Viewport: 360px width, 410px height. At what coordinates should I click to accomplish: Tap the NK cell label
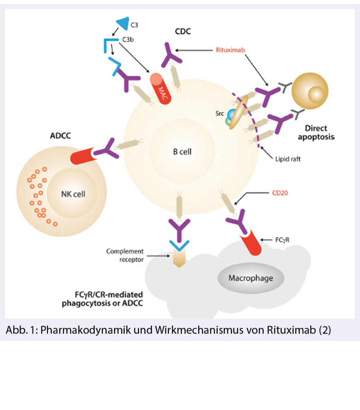click(73, 195)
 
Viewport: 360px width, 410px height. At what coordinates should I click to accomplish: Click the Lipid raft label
click(285, 159)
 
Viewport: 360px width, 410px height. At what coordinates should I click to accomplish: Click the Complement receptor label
click(125, 255)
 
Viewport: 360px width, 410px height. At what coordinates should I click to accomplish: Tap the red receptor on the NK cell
click(82, 156)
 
